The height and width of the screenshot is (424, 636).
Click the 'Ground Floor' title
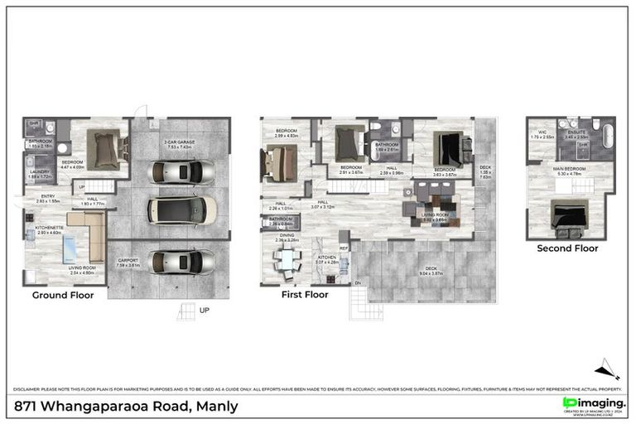tap(63, 295)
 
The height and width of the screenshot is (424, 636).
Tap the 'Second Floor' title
tap(567, 248)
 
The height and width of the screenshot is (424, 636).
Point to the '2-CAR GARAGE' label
tap(180, 142)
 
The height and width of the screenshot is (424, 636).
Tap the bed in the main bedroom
tap(568, 216)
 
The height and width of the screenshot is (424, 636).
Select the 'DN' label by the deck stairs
tap(358, 283)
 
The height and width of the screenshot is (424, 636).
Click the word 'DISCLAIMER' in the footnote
tap(26, 388)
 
